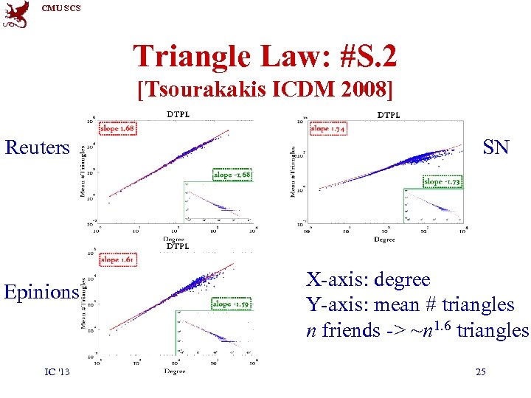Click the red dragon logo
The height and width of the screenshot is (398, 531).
pos(15,14)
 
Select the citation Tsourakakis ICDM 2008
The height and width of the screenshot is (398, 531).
pos(265,90)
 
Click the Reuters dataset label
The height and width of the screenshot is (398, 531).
pos(37,147)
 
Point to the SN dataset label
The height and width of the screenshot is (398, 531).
pos(496,147)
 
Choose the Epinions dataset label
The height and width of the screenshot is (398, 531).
pos(41,292)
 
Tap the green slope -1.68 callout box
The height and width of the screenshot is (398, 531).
pos(232,175)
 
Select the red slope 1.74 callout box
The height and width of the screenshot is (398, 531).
pos(330,129)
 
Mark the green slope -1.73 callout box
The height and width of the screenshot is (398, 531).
pos(442,181)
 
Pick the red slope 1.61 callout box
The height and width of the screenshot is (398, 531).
pos(118,259)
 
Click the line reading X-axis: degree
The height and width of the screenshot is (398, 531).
pos(368,280)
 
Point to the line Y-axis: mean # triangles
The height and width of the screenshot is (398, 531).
pos(410,304)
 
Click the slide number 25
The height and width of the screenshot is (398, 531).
pos(480,372)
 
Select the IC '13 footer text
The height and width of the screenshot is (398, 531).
pos(57,372)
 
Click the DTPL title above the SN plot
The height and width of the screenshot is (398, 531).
pos(389,115)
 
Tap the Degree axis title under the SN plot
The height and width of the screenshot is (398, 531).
pos(383,240)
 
